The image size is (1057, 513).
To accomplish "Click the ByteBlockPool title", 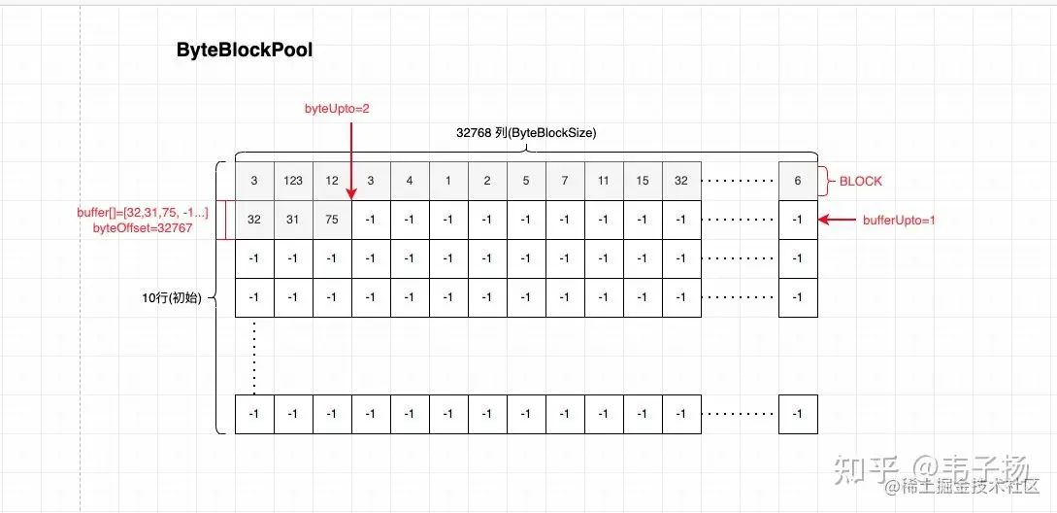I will (245, 51).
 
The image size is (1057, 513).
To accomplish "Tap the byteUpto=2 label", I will (337, 109).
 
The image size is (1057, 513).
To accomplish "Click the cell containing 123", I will (293, 181).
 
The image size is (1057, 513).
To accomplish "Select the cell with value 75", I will (332, 220).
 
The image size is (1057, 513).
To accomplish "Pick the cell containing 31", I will (293, 220).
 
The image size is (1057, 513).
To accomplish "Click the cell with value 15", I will (643, 181).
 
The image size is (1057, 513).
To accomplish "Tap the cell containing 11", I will (604, 181).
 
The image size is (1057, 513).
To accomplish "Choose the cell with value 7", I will (565, 181).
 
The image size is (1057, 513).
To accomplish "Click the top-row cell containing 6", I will (798, 181).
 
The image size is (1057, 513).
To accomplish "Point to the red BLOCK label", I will (861, 181).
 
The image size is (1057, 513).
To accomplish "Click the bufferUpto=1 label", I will (898, 220).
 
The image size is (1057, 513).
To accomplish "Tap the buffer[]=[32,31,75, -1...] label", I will (143, 212).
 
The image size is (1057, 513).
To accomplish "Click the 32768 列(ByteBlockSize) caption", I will (526, 133).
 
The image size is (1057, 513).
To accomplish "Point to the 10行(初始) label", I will (171, 297).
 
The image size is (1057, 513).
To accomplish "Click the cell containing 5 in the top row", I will (526, 181).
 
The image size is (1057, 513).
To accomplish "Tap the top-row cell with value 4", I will (410, 181).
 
